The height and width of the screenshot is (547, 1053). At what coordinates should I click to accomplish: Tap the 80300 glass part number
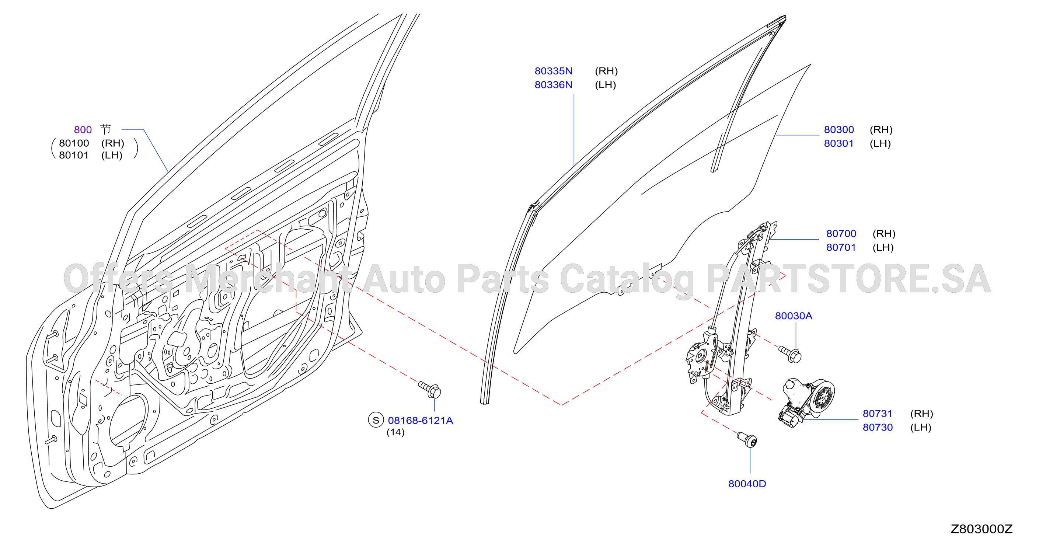[839, 130]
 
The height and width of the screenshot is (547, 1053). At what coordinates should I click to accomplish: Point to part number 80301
[839, 143]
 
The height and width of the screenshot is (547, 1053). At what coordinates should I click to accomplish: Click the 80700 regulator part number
[841, 233]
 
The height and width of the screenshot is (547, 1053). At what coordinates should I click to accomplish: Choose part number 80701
[841, 247]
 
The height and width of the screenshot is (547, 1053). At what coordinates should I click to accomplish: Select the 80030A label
[794, 316]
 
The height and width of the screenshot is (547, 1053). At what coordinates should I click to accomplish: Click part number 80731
[878, 413]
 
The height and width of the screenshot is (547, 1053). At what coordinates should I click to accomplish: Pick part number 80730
[878, 427]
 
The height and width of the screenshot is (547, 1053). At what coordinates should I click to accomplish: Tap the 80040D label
[747, 484]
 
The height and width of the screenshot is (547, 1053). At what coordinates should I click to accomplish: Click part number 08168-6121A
[420, 421]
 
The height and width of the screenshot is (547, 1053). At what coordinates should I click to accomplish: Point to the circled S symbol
[376, 420]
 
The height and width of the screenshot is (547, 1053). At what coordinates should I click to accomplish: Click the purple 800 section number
[83, 130]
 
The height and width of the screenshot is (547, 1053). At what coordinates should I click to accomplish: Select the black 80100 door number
[74, 143]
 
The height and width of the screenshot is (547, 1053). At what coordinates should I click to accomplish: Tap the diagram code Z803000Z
[981, 529]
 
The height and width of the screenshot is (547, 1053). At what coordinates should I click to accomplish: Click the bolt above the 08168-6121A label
[430, 390]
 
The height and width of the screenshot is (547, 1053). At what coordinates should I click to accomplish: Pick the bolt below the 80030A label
[790, 354]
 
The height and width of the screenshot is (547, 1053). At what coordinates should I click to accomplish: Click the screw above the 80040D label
[747, 439]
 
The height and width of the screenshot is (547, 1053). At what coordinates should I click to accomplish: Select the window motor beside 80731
[806, 401]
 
